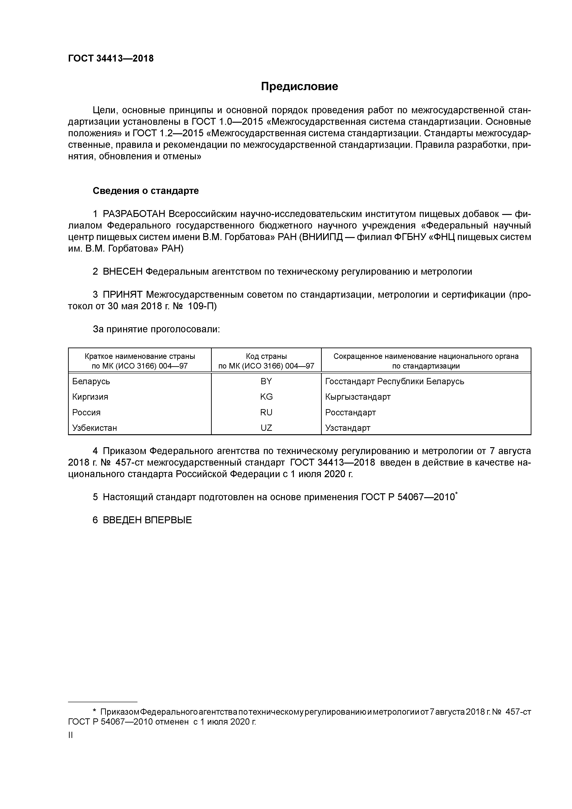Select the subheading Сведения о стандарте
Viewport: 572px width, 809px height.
pos(146,191)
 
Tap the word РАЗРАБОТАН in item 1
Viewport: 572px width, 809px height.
pos(134,214)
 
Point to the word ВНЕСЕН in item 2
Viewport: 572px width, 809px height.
pos(123,272)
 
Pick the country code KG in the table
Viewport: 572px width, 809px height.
pos(266,397)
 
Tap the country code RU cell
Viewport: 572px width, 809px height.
pos(266,412)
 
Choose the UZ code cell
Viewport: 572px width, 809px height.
pos(266,428)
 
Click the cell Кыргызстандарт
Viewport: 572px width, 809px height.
pos(358,397)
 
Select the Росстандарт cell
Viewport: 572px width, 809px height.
pos(350,412)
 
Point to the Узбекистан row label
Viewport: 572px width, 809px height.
pos(95,428)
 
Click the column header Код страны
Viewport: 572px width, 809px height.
pos(266,356)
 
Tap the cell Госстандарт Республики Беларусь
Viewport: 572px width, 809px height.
pos(394,381)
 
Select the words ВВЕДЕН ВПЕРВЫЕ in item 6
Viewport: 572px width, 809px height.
pos(147,520)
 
